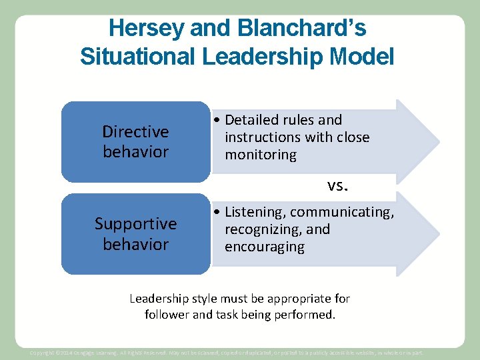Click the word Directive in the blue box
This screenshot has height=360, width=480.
(x=135, y=131)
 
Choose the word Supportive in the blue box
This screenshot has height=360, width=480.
(x=135, y=223)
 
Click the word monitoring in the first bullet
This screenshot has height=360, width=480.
(x=261, y=155)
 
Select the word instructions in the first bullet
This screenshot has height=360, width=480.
(x=263, y=137)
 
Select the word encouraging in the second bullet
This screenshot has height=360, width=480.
(x=264, y=247)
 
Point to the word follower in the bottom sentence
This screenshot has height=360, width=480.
(x=167, y=314)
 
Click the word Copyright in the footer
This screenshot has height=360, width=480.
(x=43, y=352)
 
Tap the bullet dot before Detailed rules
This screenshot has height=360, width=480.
(x=218, y=121)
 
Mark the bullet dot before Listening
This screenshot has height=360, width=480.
(x=218, y=213)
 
